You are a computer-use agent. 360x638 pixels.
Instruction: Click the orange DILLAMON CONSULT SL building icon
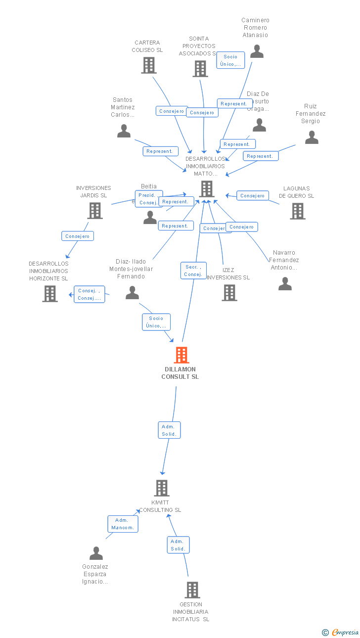tap(181, 355)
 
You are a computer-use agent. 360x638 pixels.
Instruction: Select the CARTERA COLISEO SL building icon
tap(148, 65)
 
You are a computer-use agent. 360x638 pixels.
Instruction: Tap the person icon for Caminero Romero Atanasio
tap(257, 51)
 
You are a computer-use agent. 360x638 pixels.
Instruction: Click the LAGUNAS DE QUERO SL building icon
tap(297, 211)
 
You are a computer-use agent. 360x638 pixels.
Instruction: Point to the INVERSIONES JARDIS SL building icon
tap(94, 211)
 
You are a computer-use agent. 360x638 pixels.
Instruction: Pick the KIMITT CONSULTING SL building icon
tap(161, 488)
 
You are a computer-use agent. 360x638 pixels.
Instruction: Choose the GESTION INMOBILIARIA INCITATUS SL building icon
tap(192, 590)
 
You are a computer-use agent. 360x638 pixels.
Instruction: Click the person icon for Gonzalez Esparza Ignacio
tap(96, 553)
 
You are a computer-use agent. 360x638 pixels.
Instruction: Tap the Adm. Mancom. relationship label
tap(123, 524)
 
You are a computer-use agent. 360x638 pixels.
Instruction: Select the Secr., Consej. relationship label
tap(193, 271)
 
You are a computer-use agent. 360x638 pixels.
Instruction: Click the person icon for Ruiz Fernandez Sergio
tap(312, 137)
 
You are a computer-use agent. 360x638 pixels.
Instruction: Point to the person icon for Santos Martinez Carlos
tap(124, 131)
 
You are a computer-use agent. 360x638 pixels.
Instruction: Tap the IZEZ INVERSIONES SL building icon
tap(229, 293)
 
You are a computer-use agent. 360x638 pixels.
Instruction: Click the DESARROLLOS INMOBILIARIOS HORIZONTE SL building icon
tap(49, 294)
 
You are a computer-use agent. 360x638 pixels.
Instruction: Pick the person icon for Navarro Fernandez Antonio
tap(285, 283)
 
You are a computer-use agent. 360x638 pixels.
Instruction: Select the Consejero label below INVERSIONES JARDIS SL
tap(78, 236)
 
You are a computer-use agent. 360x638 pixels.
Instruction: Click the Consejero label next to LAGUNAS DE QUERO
tap(253, 196)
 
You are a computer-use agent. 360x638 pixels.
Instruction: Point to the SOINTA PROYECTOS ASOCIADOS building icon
tap(200, 69)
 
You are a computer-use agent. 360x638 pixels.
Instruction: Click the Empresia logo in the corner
tap(341, 632)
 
